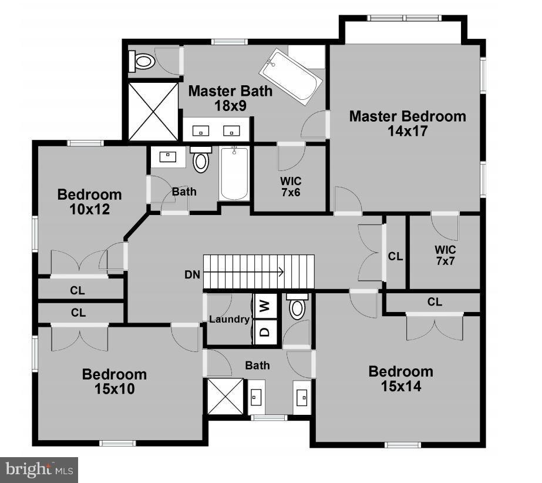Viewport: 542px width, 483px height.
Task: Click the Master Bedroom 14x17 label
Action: point(408,123)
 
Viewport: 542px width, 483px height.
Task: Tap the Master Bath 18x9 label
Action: point(230,99)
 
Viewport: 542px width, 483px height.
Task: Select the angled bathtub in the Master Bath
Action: point(292,77)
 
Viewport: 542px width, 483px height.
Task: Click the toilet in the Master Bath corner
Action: point(143,61)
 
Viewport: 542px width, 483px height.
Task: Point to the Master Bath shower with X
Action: point(153,111)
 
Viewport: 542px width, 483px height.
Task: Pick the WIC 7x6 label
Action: point(291,186)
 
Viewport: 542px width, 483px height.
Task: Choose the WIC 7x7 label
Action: point(445,255)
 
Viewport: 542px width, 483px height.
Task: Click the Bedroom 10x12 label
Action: point(89,202)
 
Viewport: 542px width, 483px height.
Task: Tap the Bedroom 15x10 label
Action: point(114,381)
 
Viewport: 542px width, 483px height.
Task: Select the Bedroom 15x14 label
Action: point(400,379)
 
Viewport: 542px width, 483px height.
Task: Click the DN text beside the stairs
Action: point(192,274)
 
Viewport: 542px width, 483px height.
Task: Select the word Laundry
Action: point(230,319)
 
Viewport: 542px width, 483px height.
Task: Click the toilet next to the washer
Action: point(298,307)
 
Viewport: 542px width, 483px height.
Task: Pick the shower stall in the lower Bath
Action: point(225,397)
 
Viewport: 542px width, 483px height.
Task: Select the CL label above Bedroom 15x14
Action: point(435,302)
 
